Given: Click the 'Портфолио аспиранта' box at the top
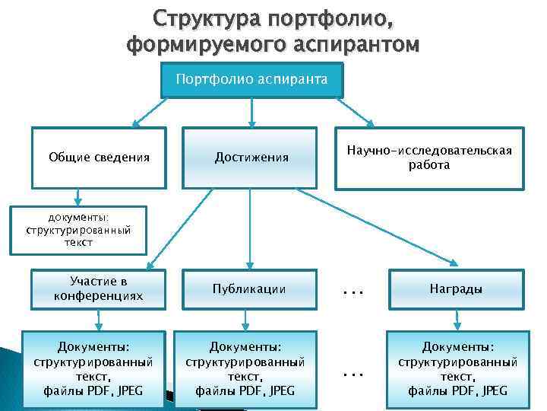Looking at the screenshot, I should click(x=251, y=79).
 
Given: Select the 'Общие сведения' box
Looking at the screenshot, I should click(x=99, y=158).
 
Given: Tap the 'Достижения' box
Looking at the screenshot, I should click(x=251, y=158).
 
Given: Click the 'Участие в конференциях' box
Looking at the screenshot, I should click(x=99, y=288).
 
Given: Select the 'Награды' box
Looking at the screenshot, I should click(x=456, y=288).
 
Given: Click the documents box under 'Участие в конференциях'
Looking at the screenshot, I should click(x=93, y=363).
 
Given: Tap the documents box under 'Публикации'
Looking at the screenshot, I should click(x=245, y=363).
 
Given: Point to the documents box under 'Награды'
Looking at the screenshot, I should click(x=458, y=363).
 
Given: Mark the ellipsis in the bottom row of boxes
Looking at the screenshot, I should click(x=351, y=374).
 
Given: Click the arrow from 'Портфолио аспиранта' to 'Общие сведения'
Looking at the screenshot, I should click(x=152, y=110).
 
